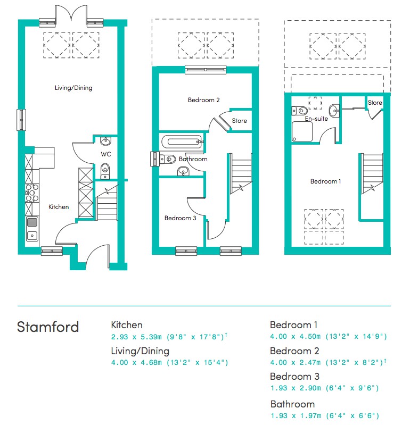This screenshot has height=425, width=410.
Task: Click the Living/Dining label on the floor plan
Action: (73, 88)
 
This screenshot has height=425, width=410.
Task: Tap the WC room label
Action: (106, 154)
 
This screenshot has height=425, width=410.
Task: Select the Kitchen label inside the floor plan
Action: (59, 207)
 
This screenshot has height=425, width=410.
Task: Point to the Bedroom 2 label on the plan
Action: (204, 100)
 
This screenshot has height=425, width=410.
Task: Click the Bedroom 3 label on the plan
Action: (180, 218)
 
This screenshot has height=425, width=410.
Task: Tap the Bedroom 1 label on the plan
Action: (326, 181)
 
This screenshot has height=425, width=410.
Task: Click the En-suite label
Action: (316, 119)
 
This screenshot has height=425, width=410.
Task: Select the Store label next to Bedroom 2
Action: (239, 121)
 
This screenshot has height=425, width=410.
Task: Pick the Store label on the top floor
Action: (375, 103)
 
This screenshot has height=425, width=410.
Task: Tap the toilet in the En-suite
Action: (300, 111)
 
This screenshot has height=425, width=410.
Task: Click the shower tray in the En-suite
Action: (302, 131)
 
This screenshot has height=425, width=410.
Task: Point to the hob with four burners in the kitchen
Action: (32, 193)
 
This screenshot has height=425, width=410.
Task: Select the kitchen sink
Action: (32, 229)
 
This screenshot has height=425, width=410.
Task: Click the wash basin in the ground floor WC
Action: (105, 141)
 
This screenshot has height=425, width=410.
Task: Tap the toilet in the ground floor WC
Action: (105, 171)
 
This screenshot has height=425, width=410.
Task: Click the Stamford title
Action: (48, 327)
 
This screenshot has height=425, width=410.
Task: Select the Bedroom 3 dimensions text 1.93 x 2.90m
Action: (296, 388)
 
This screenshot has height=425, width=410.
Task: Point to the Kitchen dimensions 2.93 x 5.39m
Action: (136, 337)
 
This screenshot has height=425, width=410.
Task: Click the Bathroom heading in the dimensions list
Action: (292, 404)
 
